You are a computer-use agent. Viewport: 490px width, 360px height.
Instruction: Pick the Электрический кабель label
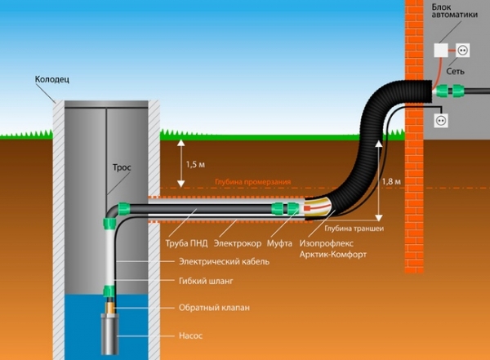pos(224,262)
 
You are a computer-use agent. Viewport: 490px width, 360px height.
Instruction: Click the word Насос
pos(191,335)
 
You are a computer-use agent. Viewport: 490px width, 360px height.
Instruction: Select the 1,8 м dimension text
pos(392,181)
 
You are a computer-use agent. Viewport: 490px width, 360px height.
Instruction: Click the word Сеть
pos(444,73)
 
